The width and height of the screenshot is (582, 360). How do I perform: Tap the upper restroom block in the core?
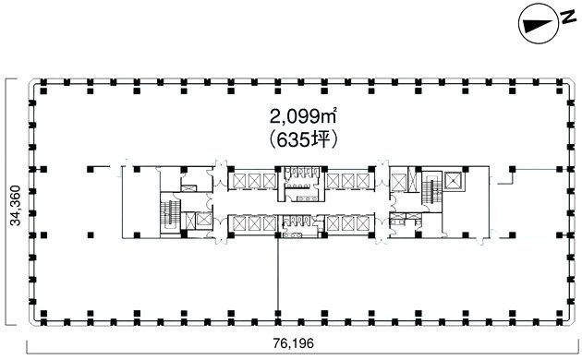pos(298,181)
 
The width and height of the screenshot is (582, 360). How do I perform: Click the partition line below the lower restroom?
pos(278,277)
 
